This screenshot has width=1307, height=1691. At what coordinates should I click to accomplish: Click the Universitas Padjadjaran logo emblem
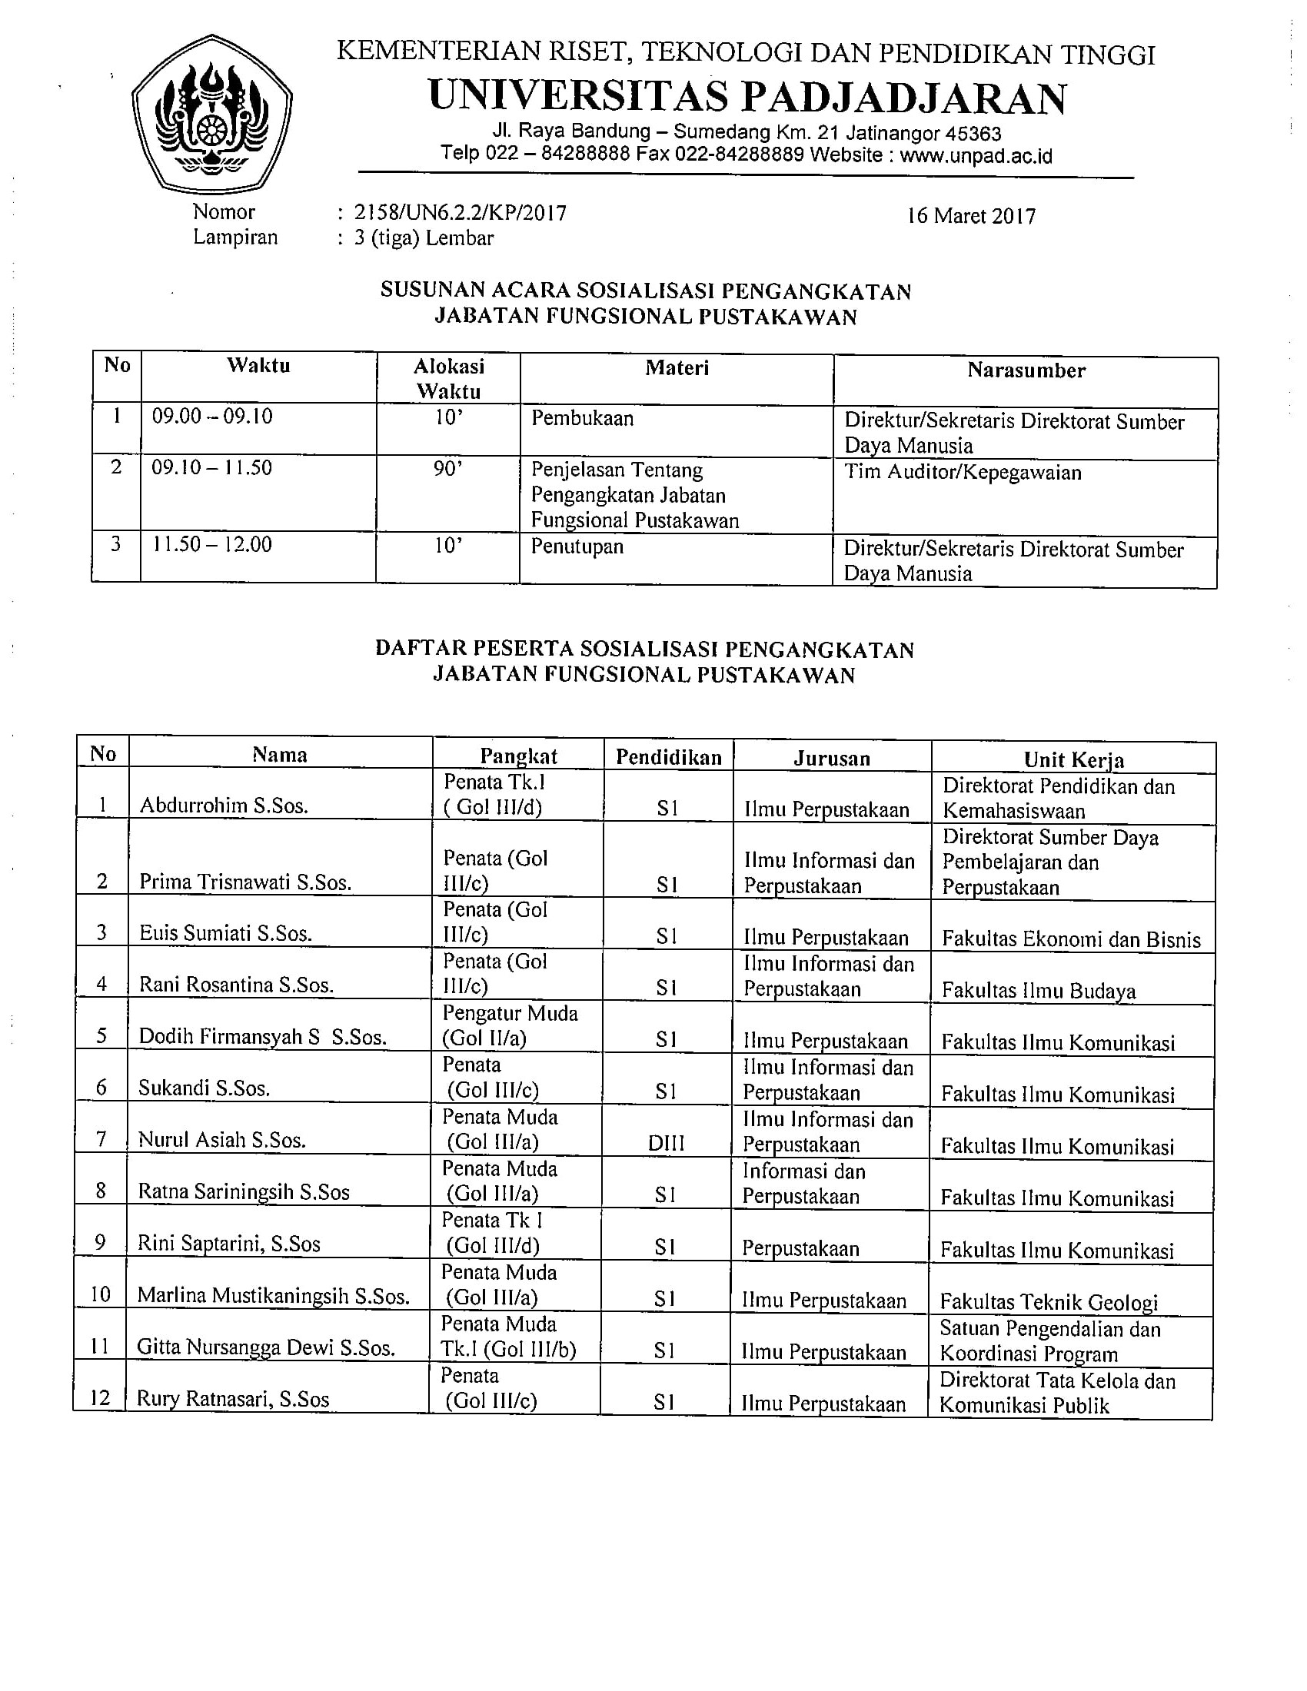coord(211,114)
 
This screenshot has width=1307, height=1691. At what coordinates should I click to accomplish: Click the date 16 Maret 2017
coord(971,216)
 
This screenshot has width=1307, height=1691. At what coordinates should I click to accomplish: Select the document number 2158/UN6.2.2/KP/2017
coord(460,212)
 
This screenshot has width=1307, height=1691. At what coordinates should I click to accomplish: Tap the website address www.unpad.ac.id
coord(976,155)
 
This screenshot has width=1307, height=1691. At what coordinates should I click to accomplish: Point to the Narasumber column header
coord(1026,371)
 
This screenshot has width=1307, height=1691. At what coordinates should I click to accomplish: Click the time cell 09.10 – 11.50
coord(212,467)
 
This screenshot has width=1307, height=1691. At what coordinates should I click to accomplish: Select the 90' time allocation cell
coord(448,468)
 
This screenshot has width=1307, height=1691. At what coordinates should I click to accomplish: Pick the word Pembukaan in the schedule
coord(582,419)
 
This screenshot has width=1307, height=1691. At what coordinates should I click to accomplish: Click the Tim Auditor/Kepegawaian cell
coord(963,472)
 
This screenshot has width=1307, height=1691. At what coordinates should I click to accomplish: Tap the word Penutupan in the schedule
coord(577,547)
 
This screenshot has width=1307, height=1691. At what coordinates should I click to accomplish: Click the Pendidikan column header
coord(668,757)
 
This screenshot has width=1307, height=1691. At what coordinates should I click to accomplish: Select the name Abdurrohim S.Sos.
coord(224,806)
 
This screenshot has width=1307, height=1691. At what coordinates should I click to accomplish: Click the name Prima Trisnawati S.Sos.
coord(245,882)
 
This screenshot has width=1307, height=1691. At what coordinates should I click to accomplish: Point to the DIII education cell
coord(666,1142)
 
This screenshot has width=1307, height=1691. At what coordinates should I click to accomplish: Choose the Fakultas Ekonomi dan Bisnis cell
coord(1071,940)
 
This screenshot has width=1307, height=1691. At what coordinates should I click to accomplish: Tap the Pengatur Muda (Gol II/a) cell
coord(510,1025)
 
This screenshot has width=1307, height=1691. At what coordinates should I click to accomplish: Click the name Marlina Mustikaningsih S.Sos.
coord(274,1296)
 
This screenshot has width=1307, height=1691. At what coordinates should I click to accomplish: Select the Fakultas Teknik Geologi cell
coord(1049,1302)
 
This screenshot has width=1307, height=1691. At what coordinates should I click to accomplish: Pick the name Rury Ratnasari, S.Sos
coord(233,1400)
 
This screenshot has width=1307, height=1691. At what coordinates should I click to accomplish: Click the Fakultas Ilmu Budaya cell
coord(1039,992)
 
